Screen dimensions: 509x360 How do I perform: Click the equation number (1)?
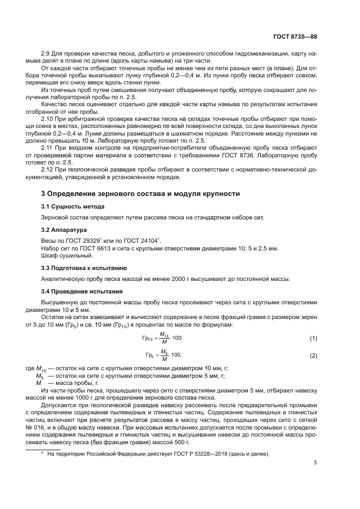(313, 339)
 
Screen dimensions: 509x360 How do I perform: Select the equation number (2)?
(313, 355)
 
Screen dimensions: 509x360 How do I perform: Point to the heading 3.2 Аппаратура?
(63, 230)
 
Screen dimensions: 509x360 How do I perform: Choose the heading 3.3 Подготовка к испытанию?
(84, 268)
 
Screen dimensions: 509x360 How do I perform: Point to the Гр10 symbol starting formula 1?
(148, 339)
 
